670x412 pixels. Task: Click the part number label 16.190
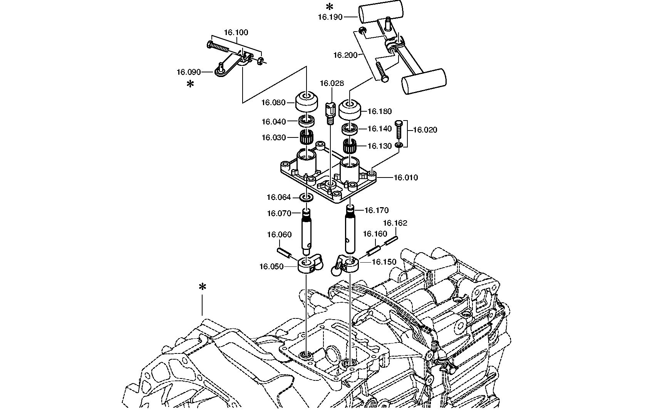point(330,17)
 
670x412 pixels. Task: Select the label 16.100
point(236,32)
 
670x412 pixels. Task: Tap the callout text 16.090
point(189,72)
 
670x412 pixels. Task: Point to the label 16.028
point(332,84)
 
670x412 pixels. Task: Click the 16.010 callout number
point(405,178)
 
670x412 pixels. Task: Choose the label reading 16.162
point(395,223)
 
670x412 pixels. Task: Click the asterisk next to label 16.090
point(190,84)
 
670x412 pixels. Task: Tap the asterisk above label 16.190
point(329,7)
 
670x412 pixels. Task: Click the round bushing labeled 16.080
point(307,101)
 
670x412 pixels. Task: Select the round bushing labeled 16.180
point(350,110)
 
